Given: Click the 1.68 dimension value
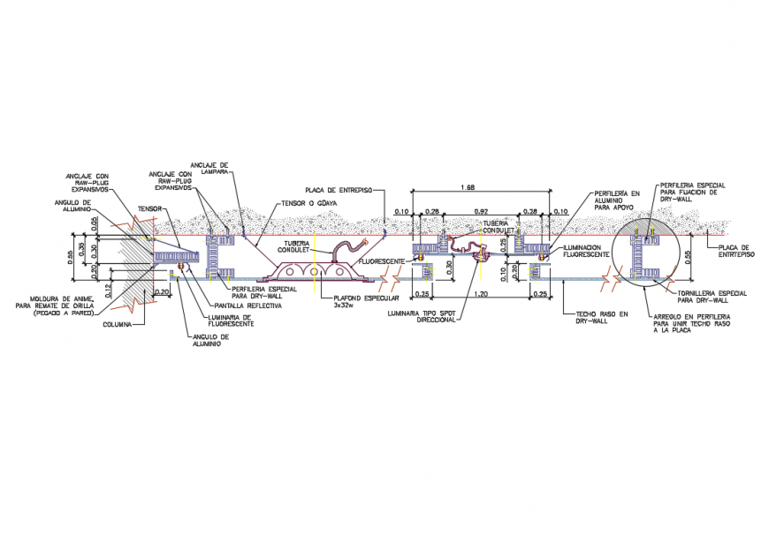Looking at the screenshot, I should (x=468, y=188).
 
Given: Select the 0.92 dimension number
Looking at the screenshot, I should (x=481, y=212).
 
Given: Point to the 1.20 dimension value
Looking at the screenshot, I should (x=481, y=293).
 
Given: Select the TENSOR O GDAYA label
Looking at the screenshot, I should (x=310, y=203).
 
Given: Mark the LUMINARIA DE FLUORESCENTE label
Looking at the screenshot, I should (x=231, y=321).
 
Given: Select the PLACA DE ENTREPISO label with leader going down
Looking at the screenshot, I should (x=339, y=190).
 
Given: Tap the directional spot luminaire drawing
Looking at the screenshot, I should (x=482, y=254).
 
